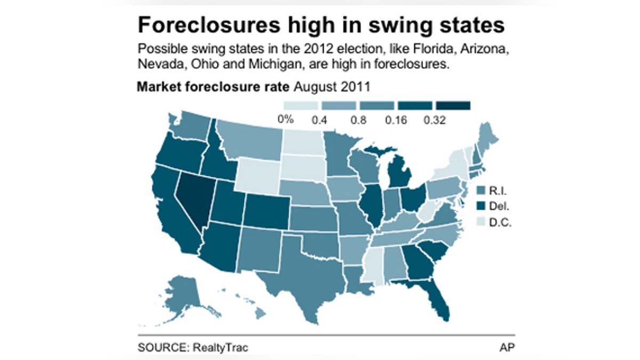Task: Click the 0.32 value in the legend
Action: tap(435, 120)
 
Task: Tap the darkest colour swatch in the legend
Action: tap(453, 106)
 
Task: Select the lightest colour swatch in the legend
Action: tap(300, 106)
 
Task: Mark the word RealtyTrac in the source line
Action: tap(225, 348)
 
